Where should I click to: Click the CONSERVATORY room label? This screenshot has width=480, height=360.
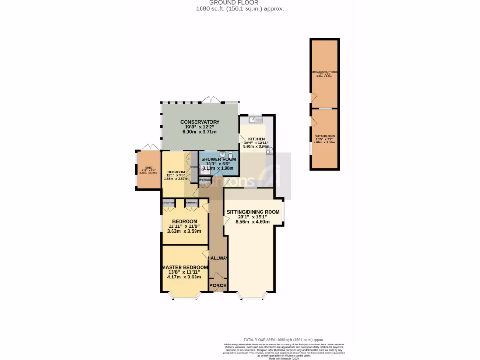[200, 122]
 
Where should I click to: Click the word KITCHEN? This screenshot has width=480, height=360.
[257, 139]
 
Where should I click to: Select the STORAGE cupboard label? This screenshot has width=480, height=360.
[205, 180]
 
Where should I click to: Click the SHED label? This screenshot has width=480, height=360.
[149, 167]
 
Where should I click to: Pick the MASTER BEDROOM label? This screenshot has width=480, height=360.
[185, 267]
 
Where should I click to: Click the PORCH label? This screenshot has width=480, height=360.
[218, 285]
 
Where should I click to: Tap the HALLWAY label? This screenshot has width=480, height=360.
[218, 258]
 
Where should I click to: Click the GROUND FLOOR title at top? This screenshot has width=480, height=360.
[240, 2]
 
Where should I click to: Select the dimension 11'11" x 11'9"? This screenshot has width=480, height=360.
[184, 226]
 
